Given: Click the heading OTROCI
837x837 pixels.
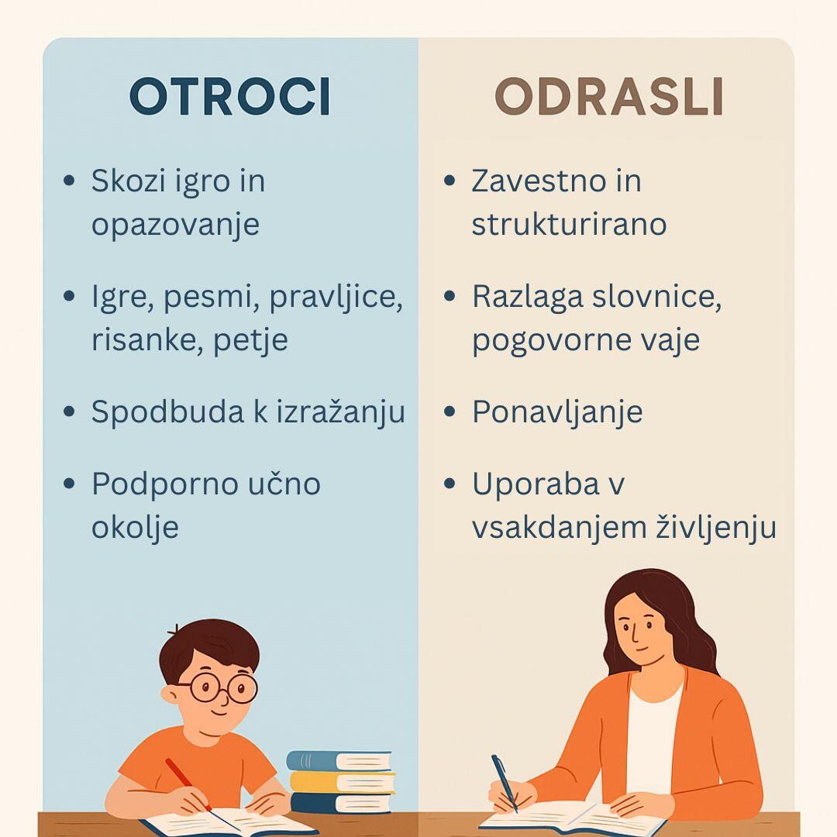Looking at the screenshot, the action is [229, 96].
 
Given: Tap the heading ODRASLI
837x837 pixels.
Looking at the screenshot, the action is [609, 96].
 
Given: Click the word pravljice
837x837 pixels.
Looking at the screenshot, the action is [336, 298].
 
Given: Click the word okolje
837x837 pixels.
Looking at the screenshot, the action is [135, 528].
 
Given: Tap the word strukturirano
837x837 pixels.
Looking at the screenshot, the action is [569, 224].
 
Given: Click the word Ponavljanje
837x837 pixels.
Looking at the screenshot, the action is [557, 412].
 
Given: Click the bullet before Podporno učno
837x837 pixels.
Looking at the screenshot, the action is [69, 484].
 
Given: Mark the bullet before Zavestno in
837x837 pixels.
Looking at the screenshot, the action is [449, 181].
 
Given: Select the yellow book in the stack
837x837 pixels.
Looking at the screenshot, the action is [343, 782].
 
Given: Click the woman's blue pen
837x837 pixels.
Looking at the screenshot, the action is [505, 783].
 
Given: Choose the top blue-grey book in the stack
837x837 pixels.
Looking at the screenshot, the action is [339, 761].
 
